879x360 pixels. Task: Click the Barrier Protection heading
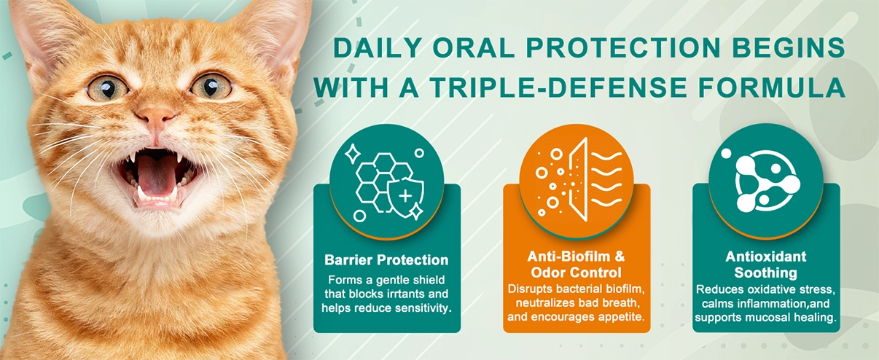(386, 260)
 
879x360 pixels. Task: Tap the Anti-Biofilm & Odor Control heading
(576, 265)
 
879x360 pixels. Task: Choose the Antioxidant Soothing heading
(765, 265)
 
